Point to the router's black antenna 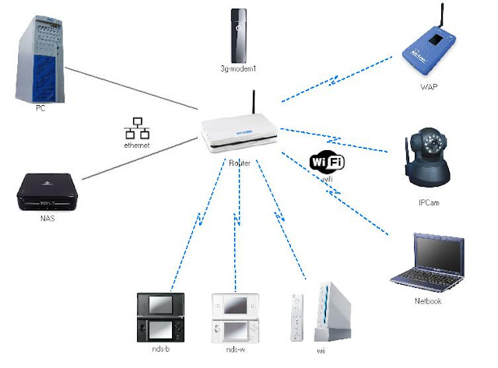click(x=255, y=105)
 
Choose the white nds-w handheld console click(x=234, y=316)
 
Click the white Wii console click(x=328, y=311)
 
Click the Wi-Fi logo click(x=327, y=162)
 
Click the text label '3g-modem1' click(x=239, y=70)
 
